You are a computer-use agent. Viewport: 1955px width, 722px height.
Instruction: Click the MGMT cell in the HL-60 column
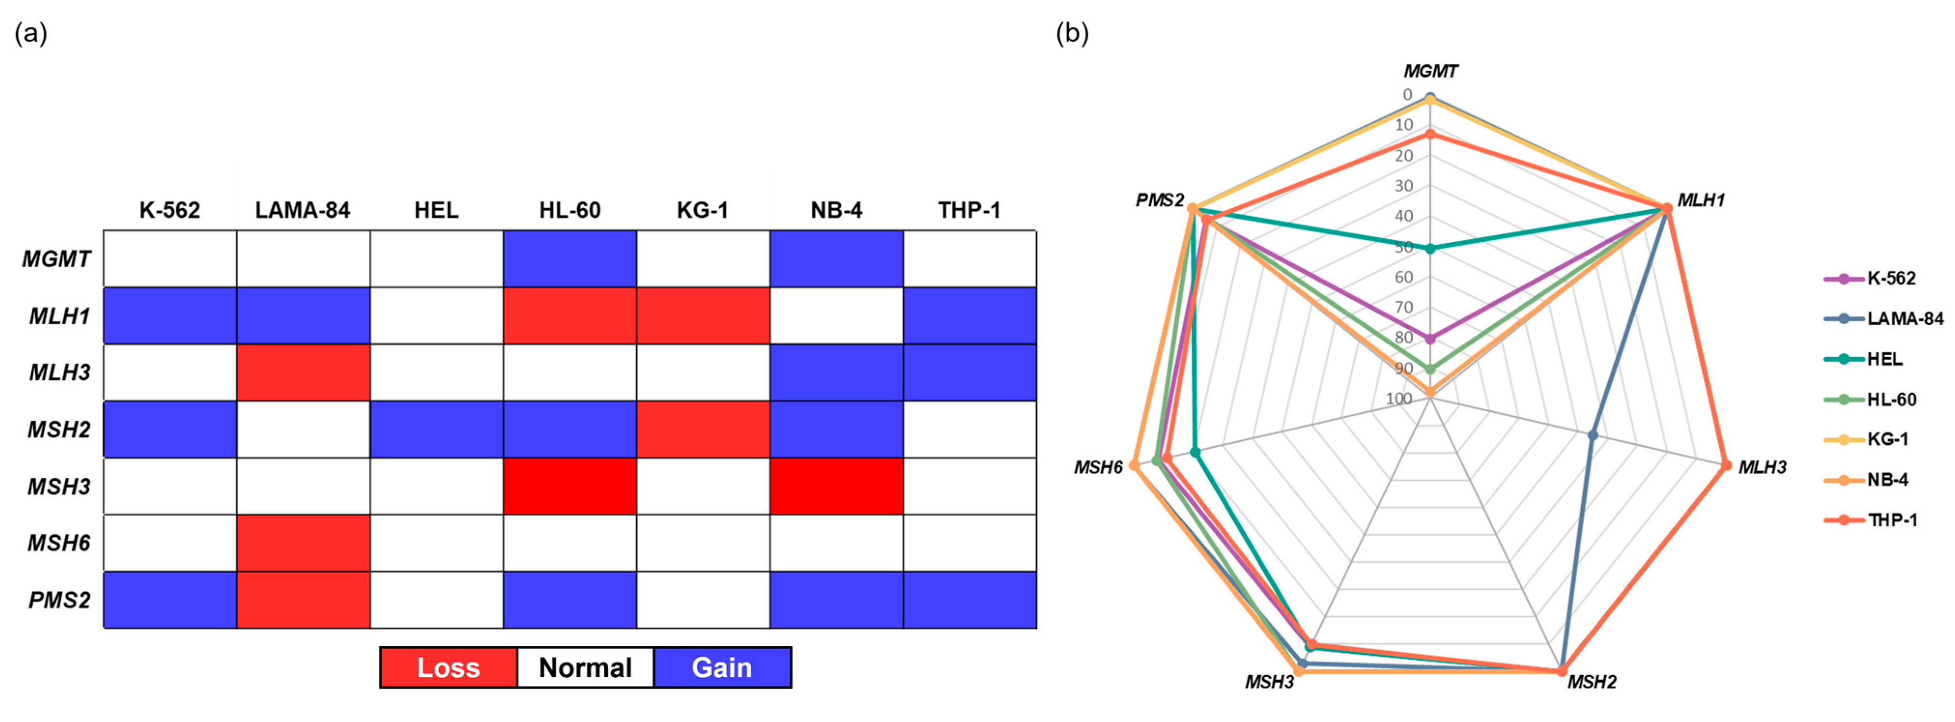569,259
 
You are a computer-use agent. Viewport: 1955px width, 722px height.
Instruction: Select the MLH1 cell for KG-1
703,316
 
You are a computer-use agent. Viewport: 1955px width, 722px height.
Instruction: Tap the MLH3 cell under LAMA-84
303,372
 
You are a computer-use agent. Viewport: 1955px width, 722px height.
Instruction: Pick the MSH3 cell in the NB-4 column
836,486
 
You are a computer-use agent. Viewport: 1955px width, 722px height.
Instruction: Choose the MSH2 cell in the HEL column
436,429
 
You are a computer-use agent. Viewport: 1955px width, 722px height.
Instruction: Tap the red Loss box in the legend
448,667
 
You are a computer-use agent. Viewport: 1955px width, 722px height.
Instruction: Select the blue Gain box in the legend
722,667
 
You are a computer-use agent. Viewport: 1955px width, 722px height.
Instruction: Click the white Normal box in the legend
585,667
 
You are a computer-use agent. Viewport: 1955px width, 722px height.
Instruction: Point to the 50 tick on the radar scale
1403,247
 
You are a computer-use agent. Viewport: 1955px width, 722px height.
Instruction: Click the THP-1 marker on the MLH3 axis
1726,465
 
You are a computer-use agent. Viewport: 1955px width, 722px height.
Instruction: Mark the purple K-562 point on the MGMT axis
1430,339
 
